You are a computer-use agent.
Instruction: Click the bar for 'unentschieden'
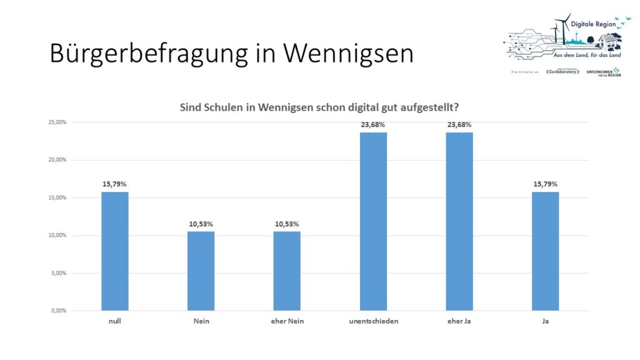pos(373,221)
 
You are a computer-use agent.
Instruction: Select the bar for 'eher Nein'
pos(287,271)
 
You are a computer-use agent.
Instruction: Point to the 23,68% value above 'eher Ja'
pos(459,124)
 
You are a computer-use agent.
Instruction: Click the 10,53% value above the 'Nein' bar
pos(201,224)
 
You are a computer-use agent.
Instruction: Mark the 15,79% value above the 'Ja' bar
pos(545,184)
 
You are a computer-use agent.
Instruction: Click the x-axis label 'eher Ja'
pos(459,321)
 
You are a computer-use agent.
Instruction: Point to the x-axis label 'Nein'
pos(201,321)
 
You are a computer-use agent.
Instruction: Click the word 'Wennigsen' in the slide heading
pos(348,54)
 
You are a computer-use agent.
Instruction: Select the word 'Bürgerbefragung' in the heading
pos(149,54)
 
